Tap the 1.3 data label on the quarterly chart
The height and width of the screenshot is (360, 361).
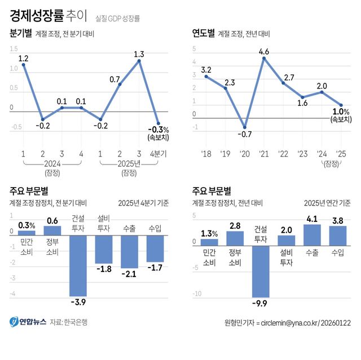(x=139, y=55)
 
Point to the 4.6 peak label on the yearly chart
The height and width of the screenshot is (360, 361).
(x=263, y=52)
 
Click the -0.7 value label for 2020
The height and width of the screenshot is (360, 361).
(x=244, y=135)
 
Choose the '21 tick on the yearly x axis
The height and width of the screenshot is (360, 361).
(x=263, y=153)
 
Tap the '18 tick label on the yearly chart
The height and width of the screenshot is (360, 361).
(x=205, y=153)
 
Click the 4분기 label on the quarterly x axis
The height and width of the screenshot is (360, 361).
(x=160, y=153)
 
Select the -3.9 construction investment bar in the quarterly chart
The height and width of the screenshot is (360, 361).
(x=78, y=265)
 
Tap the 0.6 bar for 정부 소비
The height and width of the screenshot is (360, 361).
(x=52, y=230)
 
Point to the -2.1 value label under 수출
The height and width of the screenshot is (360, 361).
(x=129, y=274)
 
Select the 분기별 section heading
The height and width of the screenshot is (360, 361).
(x=21, y=33)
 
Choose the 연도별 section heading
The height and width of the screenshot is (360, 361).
(x=203, y=33)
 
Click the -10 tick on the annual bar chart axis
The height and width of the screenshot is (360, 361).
(x=197, y=294)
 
